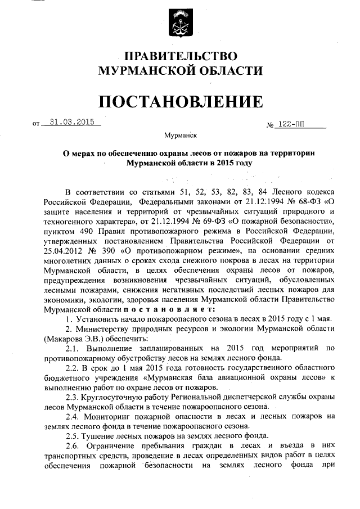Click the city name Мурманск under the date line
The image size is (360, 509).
click(x=179, y=136)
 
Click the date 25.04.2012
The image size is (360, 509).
click(x=61, y=257)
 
